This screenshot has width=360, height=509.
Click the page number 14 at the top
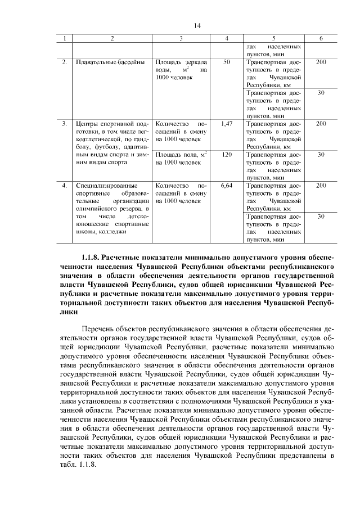[x=197, y=25]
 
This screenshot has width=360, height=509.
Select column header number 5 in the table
[x=273, y=38]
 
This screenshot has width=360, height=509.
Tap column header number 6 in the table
[x=321, y=38]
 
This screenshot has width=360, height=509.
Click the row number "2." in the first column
[x=65, y=61]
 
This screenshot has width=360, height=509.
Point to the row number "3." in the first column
[x=65, y=123]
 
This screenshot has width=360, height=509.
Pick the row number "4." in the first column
[x=65, y=184]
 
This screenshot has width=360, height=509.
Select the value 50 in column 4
[x=227, y=61]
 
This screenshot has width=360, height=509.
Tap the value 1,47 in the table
[x=227, y=123]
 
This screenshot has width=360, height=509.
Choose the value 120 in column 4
[x=227, y=154]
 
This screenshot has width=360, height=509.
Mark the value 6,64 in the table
[x=227, y=184]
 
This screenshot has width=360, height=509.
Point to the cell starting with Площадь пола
[x=181, y=157]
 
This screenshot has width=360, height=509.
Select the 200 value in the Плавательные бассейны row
[x=321, y=61]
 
